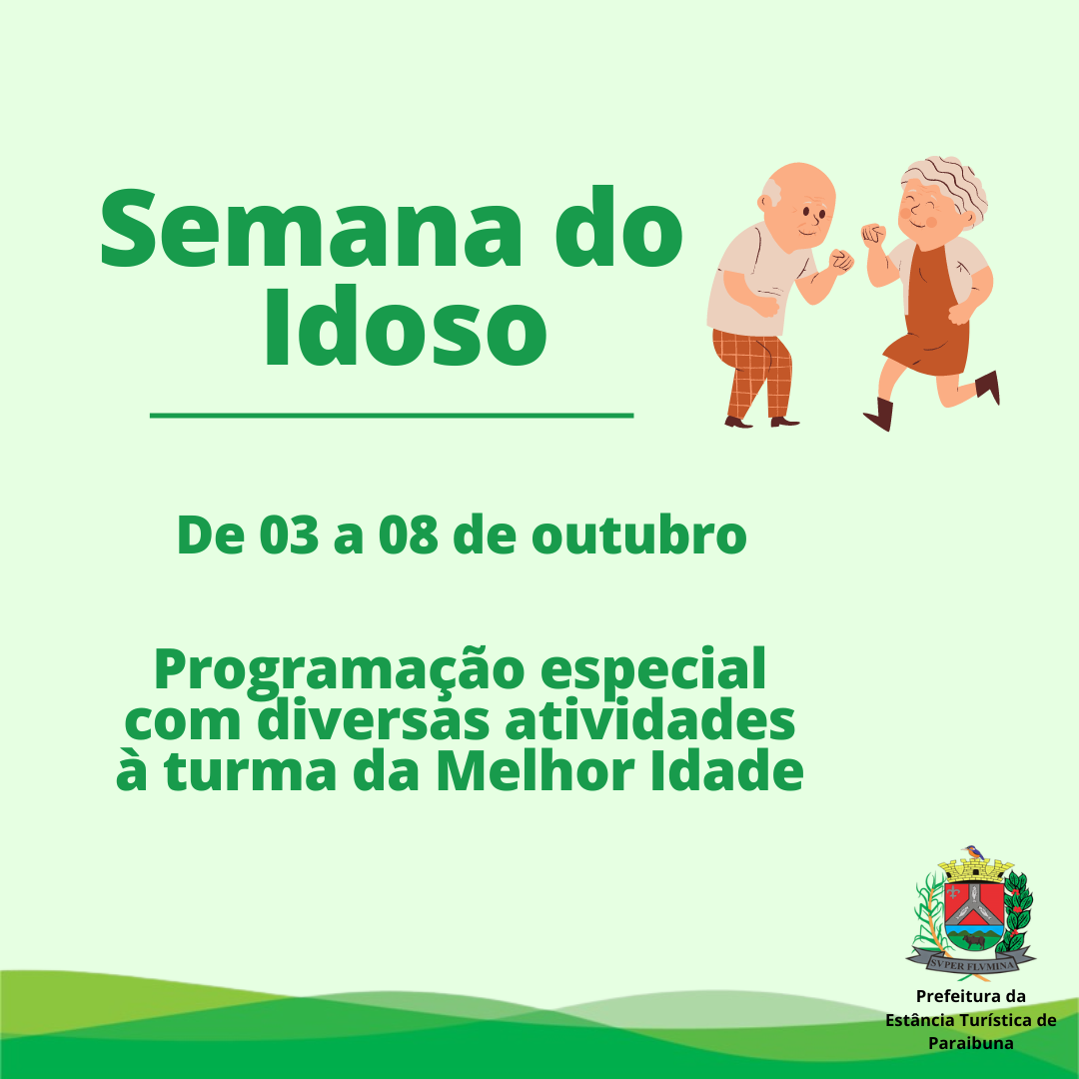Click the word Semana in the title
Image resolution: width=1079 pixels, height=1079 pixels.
(311, 228)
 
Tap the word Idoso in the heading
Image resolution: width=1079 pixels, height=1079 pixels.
(406, 326)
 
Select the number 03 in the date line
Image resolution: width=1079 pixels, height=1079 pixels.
(289, 535)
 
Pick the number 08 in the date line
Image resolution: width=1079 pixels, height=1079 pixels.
(408, 535)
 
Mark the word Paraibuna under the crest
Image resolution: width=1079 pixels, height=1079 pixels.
(970, 1043)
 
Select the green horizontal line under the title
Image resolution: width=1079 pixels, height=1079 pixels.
(392, 415)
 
